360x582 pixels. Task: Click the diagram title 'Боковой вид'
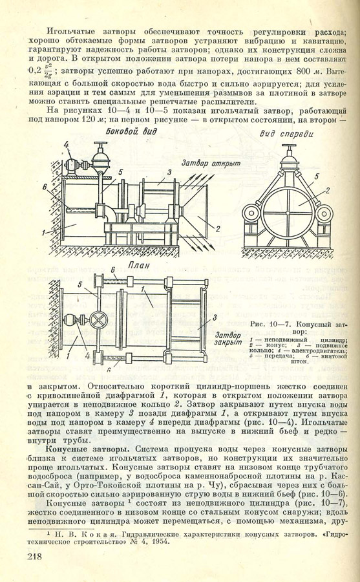coord(131,131)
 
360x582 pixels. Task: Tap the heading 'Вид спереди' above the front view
coord(286,134)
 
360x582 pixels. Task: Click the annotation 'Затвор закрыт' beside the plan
coord(228,338)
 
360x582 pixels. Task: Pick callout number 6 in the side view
coord(45,188)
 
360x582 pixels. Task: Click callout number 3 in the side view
coord(169,172)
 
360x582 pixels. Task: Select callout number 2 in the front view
coord(327,191)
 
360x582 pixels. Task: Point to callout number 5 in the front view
coord(317,177)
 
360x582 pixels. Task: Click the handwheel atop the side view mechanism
coord(100,144)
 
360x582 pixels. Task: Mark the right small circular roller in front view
coord(325,214)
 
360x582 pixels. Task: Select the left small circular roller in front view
coord(251,214)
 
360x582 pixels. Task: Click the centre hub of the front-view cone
coord(288,213)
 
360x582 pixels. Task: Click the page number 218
coord(34,556)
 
